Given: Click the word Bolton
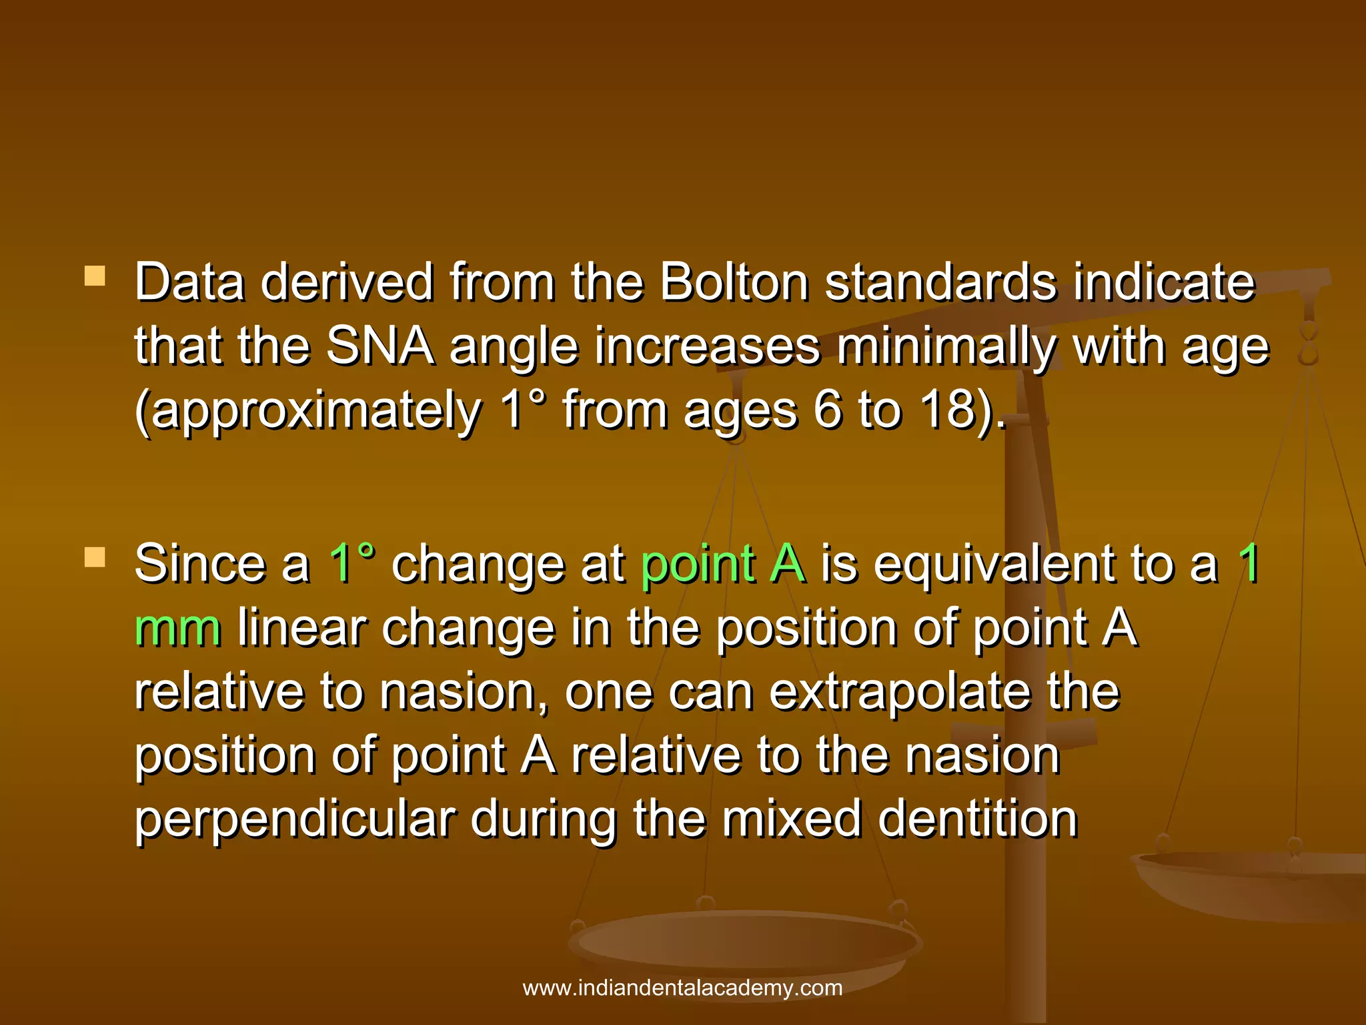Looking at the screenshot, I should (734, 282).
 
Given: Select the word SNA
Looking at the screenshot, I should (380, 346).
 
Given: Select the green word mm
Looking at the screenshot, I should (177, 627).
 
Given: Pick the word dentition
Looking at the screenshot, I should (978, 819).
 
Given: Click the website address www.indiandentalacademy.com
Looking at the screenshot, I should (682, 988).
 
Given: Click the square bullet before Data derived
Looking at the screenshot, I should (95, 276).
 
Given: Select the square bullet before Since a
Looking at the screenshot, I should (95, 557).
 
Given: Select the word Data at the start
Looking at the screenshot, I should (189, 282).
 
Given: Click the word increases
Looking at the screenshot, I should (708, 346).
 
